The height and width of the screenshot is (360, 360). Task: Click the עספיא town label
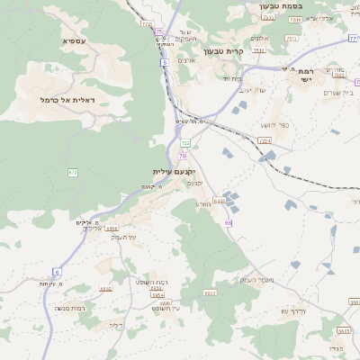tap(74, 40)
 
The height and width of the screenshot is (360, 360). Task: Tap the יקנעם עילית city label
tap(174, 171)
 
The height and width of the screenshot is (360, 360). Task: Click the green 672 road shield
tap(72, 172)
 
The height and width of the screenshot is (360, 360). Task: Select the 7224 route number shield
tap(264, 140)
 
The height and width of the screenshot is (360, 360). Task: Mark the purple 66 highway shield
tap(229, 222)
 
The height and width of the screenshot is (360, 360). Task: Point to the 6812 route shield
tap(105, 289)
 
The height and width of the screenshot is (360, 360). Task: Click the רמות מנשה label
tap(70, 309)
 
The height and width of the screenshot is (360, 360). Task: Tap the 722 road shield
tap(185, 142)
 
